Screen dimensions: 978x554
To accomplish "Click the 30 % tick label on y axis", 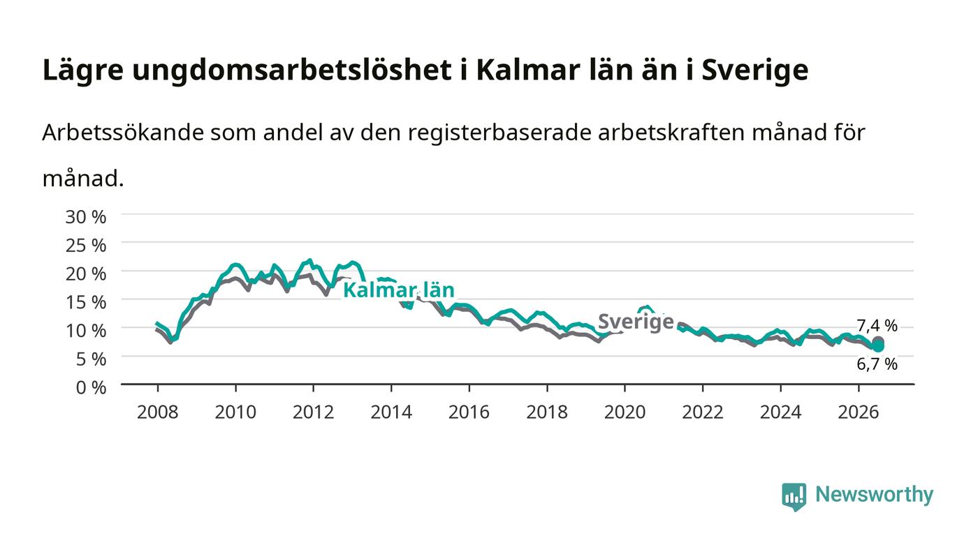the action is point(85,217).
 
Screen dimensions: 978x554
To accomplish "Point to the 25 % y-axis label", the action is point(85,246).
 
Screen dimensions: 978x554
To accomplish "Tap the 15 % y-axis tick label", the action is point(85,302).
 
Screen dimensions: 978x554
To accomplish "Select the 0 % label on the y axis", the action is point(91,387).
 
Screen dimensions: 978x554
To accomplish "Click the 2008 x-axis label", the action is point(158,412).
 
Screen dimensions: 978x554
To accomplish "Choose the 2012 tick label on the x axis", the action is point(313,412).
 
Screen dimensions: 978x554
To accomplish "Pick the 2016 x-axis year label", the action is point(469,412).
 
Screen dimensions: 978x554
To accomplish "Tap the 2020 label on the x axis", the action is point(625,412).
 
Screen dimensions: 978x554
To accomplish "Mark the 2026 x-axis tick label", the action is point(859,412).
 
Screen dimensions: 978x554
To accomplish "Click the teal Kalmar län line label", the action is point(399,290).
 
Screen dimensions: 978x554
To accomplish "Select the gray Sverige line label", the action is point(636,322).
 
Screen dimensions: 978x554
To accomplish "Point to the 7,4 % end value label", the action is point(877,325).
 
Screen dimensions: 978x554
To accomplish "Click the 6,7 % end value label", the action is point(877,364).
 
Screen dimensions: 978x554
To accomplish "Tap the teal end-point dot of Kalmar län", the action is point(877,346).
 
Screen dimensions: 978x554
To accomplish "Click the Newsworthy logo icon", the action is point(794,497).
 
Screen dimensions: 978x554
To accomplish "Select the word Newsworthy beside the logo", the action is point(874,495).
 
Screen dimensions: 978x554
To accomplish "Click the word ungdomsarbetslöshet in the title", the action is point(292,70).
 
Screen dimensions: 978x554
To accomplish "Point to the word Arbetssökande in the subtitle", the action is point(123,133).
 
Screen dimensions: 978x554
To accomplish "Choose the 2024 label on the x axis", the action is point(781,412).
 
